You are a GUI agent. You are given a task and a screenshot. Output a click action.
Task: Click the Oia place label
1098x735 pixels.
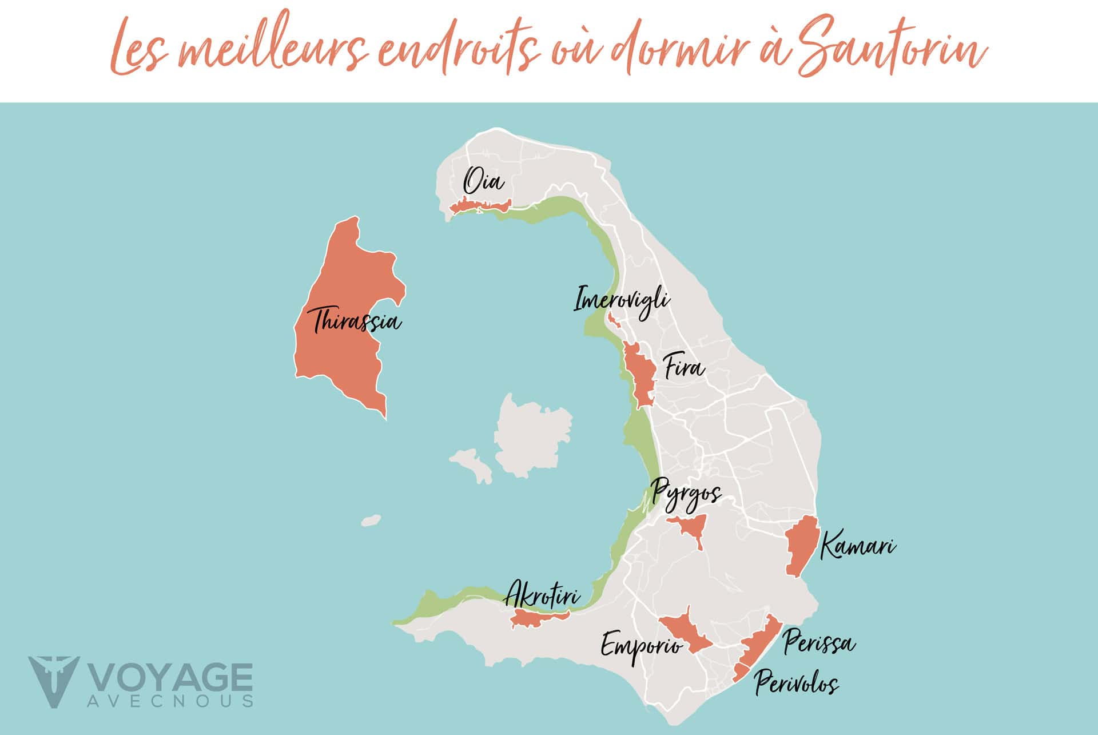(484, 182)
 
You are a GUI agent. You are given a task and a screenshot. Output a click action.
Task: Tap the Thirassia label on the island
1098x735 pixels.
(356, 321)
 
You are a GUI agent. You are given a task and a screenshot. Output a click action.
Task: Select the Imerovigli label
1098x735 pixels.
(621, 300)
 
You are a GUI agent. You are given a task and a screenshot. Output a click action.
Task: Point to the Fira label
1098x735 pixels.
(684, 367)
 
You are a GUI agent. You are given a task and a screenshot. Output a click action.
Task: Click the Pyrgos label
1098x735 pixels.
(686, 495)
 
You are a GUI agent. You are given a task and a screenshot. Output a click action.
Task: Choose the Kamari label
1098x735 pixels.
(857, 547)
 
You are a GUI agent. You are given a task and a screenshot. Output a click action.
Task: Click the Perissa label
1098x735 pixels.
(819, 642)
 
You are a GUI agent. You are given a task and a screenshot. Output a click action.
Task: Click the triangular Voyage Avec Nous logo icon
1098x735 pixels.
(53, 681)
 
